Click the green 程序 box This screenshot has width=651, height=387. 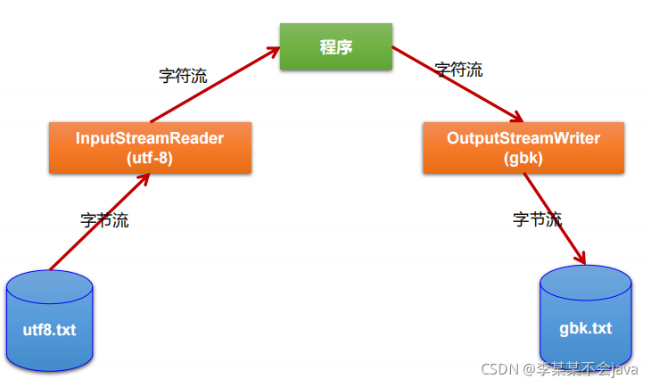(x=336, y=46)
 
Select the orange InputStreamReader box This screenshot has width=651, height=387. (x=150, y=148)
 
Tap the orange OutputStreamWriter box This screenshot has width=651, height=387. (x=523, y=148)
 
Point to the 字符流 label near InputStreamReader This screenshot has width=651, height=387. (x=183, y=76)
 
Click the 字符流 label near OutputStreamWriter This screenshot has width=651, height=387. (x=458, y=70)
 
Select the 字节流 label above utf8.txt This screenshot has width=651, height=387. (x=104, y=220)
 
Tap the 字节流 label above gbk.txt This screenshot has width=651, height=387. (x=538, y=218)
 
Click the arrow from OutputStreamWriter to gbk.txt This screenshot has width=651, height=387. (x=555, y=218)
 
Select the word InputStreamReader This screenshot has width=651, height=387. (x=150, y=139)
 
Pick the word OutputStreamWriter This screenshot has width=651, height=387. (x=523, y=139)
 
